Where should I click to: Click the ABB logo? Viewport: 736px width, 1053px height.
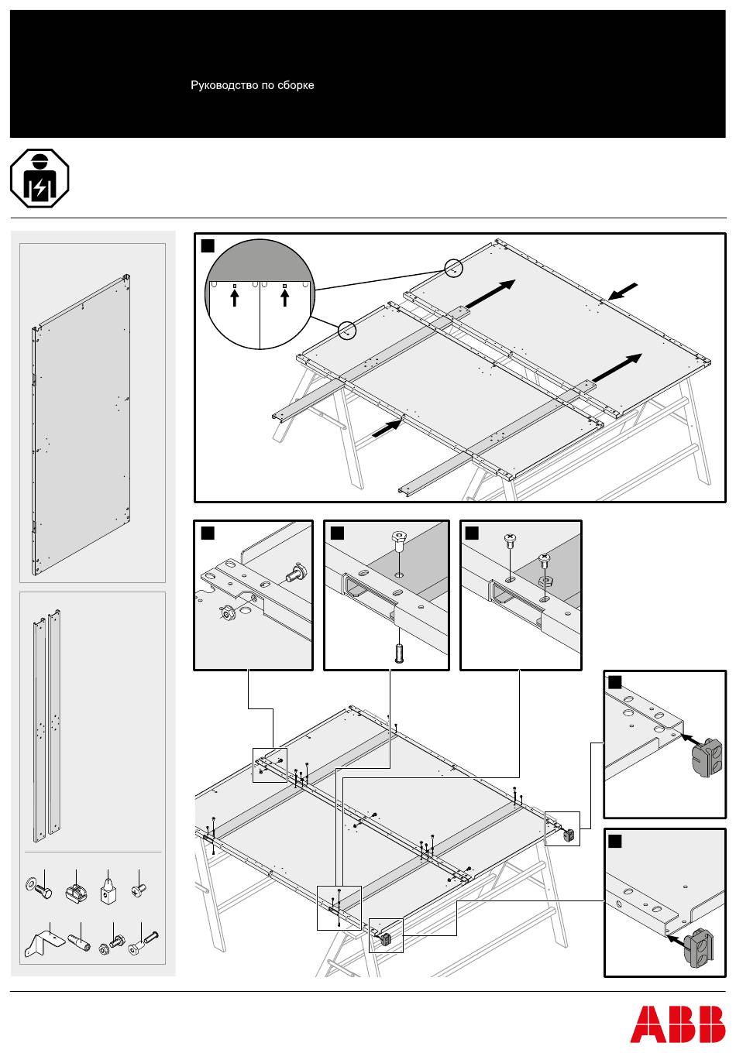click(677, 1024)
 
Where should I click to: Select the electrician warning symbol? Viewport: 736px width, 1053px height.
click(40, 178)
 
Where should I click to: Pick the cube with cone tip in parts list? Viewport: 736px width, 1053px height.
click(108, 889)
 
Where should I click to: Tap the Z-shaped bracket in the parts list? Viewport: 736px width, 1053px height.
click(45, 942)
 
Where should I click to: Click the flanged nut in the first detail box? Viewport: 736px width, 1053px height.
click(229, 613)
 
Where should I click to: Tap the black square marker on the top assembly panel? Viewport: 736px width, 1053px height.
click(208, 245)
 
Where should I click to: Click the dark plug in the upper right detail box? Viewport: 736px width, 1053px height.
click(706, 752)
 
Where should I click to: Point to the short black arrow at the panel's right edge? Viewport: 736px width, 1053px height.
click(623, 291)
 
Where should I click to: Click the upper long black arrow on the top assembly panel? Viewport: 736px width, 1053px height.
click(490, 293)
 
